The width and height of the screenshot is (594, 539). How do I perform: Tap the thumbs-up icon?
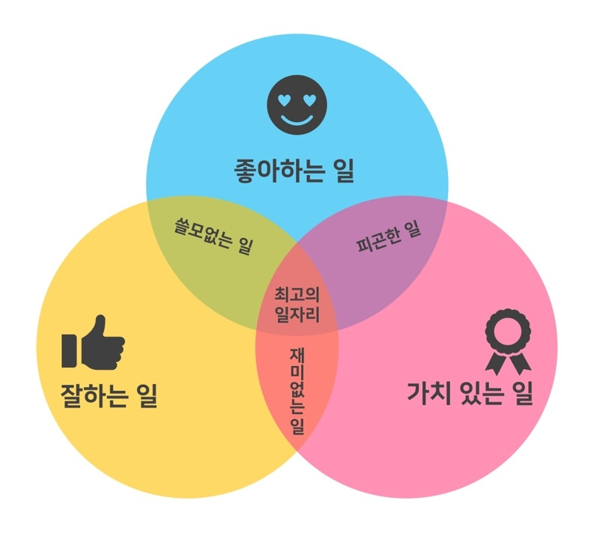(94, 344)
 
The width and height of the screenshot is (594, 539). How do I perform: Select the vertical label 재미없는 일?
(297, 397)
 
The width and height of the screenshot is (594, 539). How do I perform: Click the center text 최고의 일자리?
(297, 303)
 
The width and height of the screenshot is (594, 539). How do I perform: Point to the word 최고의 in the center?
(297, 293)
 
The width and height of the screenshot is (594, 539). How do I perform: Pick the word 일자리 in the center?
(297, 314)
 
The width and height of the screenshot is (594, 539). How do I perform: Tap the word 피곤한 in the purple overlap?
(378, 241)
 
